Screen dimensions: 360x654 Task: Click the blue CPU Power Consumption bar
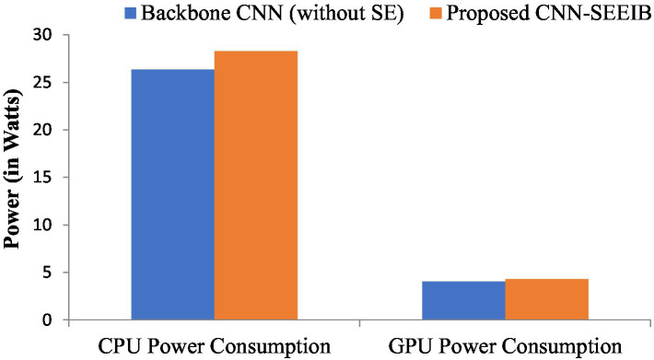click(x=172, y=195)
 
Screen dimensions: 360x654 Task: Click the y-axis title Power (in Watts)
click(x=14, y=178)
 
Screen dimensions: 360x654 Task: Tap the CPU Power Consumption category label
click(x=214, y=346)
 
